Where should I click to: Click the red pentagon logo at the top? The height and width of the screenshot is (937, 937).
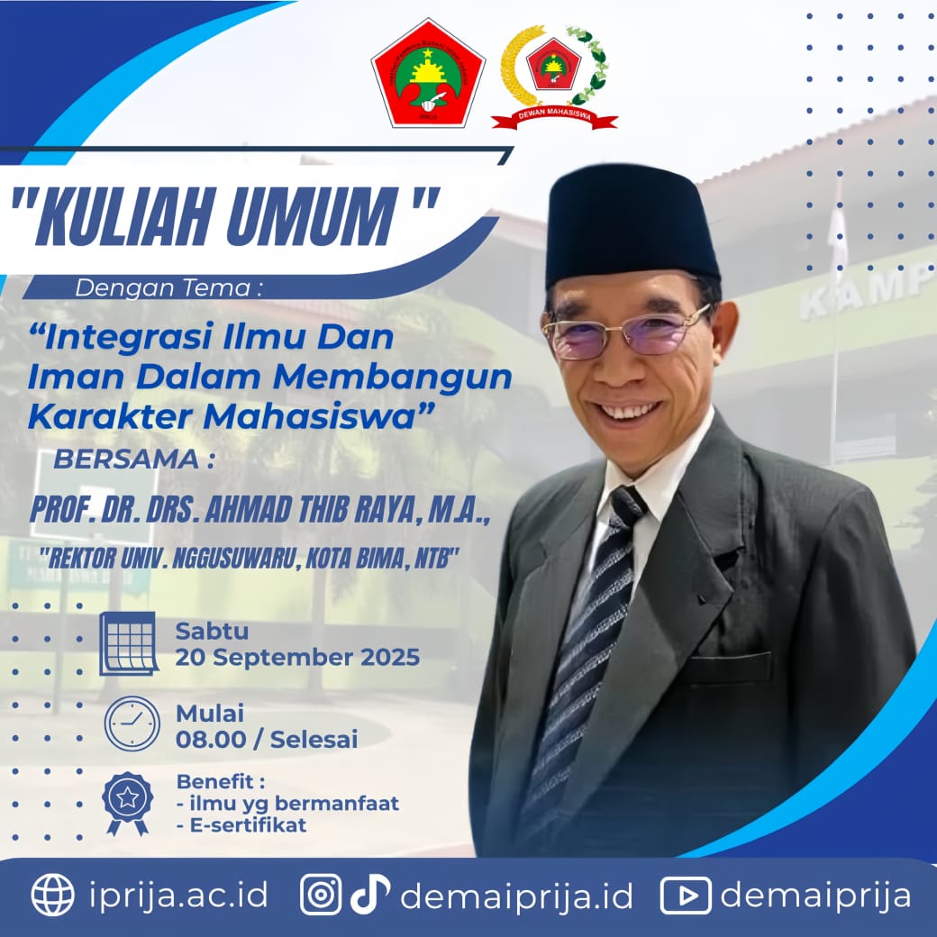tap(429, 74)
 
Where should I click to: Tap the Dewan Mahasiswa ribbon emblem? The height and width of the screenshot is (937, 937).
tap(554, 77)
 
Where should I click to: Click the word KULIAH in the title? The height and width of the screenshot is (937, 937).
tap(125, 215)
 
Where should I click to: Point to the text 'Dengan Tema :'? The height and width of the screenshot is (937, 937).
tap(168, 288)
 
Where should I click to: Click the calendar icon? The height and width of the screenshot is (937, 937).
tap(129, 643)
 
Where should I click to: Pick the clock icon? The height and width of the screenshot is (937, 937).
tap(132, 723)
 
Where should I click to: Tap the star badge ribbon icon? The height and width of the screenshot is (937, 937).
tap(127, 803)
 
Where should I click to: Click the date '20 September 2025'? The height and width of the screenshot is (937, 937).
tap(297, 658)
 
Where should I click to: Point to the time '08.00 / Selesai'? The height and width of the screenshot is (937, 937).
tap(267, 739)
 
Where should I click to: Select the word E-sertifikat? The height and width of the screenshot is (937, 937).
tap(248, 825)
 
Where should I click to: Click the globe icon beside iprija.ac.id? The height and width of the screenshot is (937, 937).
tap(52, 895)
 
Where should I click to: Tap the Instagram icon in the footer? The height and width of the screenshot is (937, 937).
tap(321, 895)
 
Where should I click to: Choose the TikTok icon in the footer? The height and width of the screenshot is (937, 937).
tap(369, 894)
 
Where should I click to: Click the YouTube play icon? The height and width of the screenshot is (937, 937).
tap(686, 896)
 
